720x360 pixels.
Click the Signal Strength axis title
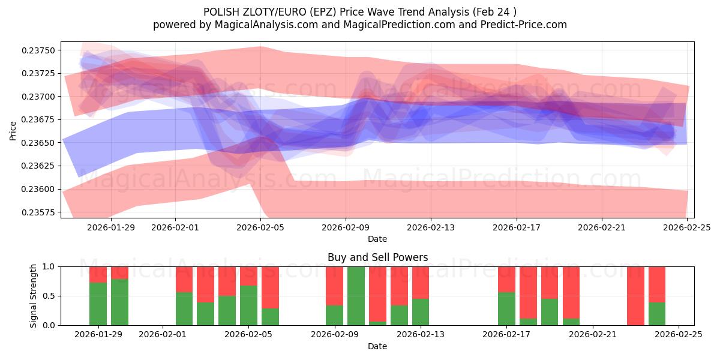coord(34,296)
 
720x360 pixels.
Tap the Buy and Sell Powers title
coord(377,258)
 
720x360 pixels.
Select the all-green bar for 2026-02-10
coord(356,296)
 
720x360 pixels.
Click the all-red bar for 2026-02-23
coord(635,296)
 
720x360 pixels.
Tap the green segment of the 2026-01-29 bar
coord(98,304)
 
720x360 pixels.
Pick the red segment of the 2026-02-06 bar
coord(270,287)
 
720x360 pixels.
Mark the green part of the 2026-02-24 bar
coord(657,314)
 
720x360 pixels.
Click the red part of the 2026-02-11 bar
coord(377,293)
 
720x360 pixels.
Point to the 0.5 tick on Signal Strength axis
coord(50,296)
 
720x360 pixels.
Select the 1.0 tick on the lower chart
coord(50,266)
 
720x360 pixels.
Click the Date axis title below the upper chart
coord(377,239)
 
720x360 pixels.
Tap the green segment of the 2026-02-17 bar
coord(506,308)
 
